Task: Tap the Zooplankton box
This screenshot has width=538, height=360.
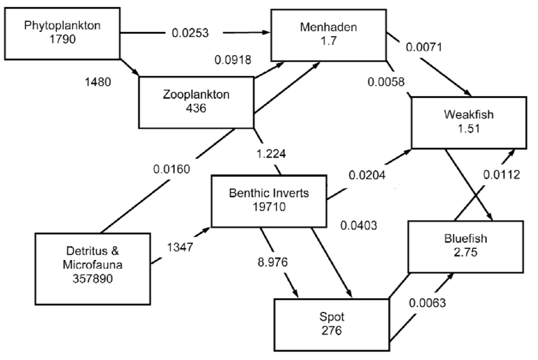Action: [x=196, y=101]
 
